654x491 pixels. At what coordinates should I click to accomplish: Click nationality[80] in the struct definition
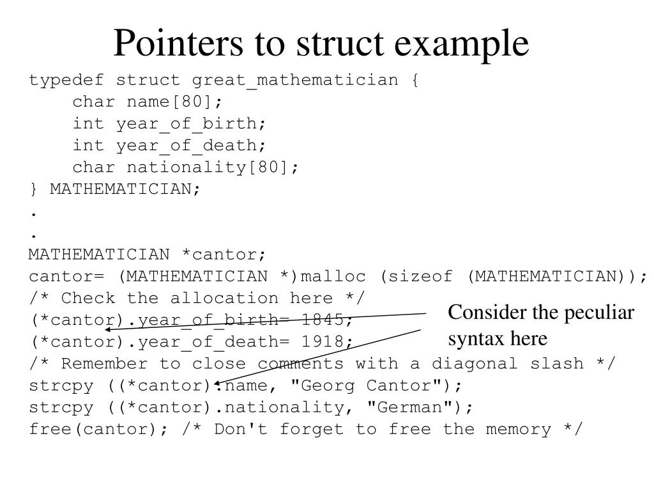pyautogui.click(x=213, y=168)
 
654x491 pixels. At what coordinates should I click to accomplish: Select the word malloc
pyautogui.click(x=333, y=276)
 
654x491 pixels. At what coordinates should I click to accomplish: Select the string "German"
pyautogui.click(x=416, y=408)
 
